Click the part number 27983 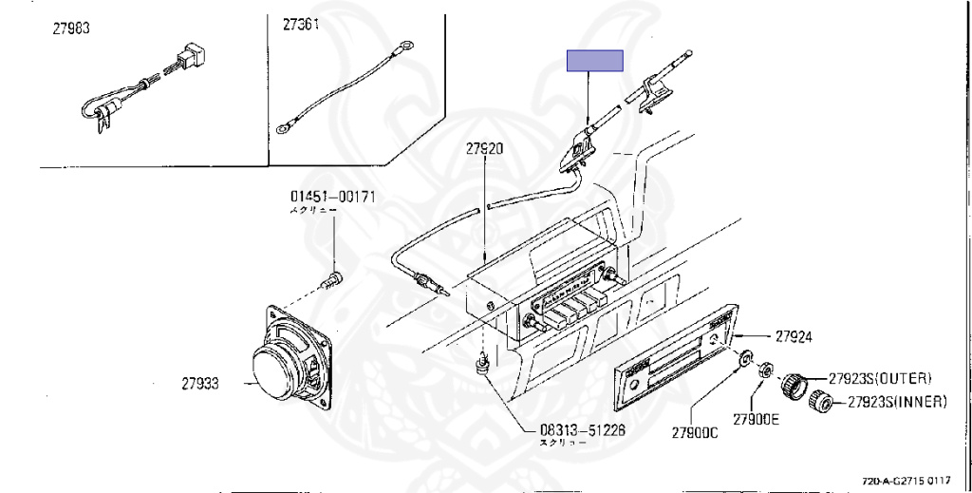click(x=71, y=28)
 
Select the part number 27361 click(x=302, y=26)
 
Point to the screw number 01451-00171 click(x=333, y=197)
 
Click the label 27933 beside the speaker click(x=200, y=384)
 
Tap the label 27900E click(x=756, y=419)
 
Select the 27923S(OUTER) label click(x=880, y=377)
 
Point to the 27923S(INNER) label click(x=897, y=402)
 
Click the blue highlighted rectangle click(x=595, y=61)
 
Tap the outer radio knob click(x=794, y=386)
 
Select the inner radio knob click(x=822, y=403)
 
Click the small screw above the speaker click(x=332, y=279)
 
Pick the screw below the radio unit click(x=484, y=363)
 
